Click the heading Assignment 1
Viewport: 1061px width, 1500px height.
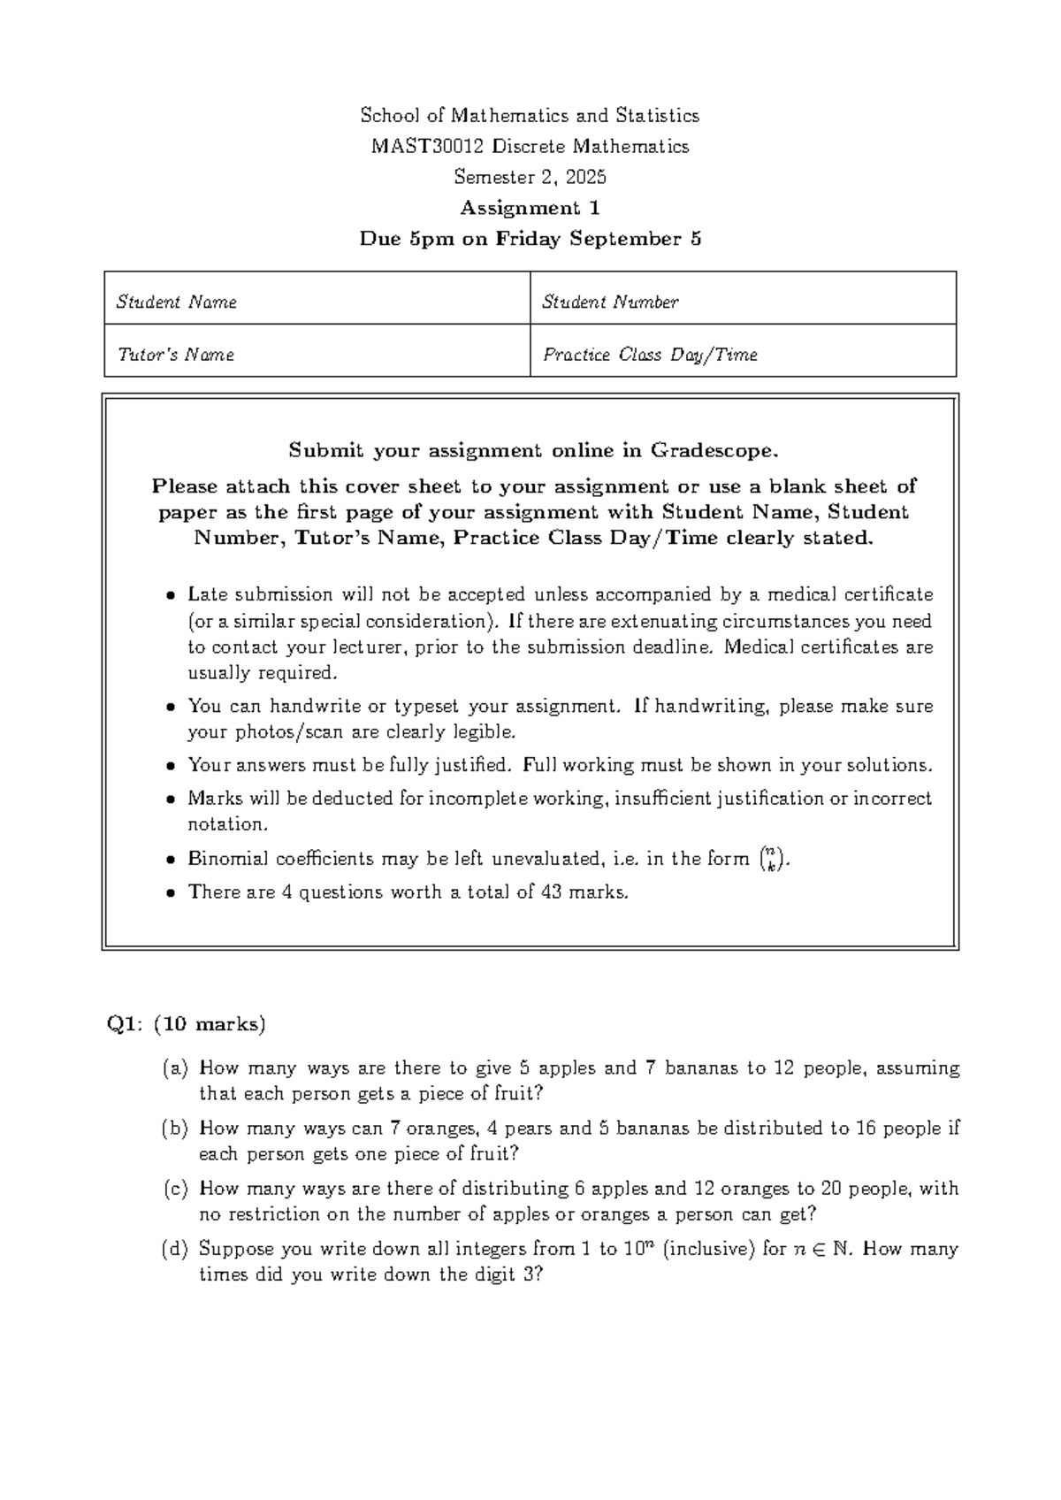click(x=530, y=208)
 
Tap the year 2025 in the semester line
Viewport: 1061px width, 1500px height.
click(x=586, y=177)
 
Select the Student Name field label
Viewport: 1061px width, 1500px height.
click(x=177, y=302)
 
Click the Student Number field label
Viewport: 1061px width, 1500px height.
click(x=610, y=302)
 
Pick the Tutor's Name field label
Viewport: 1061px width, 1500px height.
click(x=176, y=356)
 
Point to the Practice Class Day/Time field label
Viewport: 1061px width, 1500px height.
click(x=650, y=356)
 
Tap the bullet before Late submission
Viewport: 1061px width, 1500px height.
click(x=171, y=596)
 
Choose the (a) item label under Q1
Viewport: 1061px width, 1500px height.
click(x=175, y=1068)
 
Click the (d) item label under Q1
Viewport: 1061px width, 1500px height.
click(x=175, y=1250)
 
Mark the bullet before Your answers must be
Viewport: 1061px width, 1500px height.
click(x=171, y=767)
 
